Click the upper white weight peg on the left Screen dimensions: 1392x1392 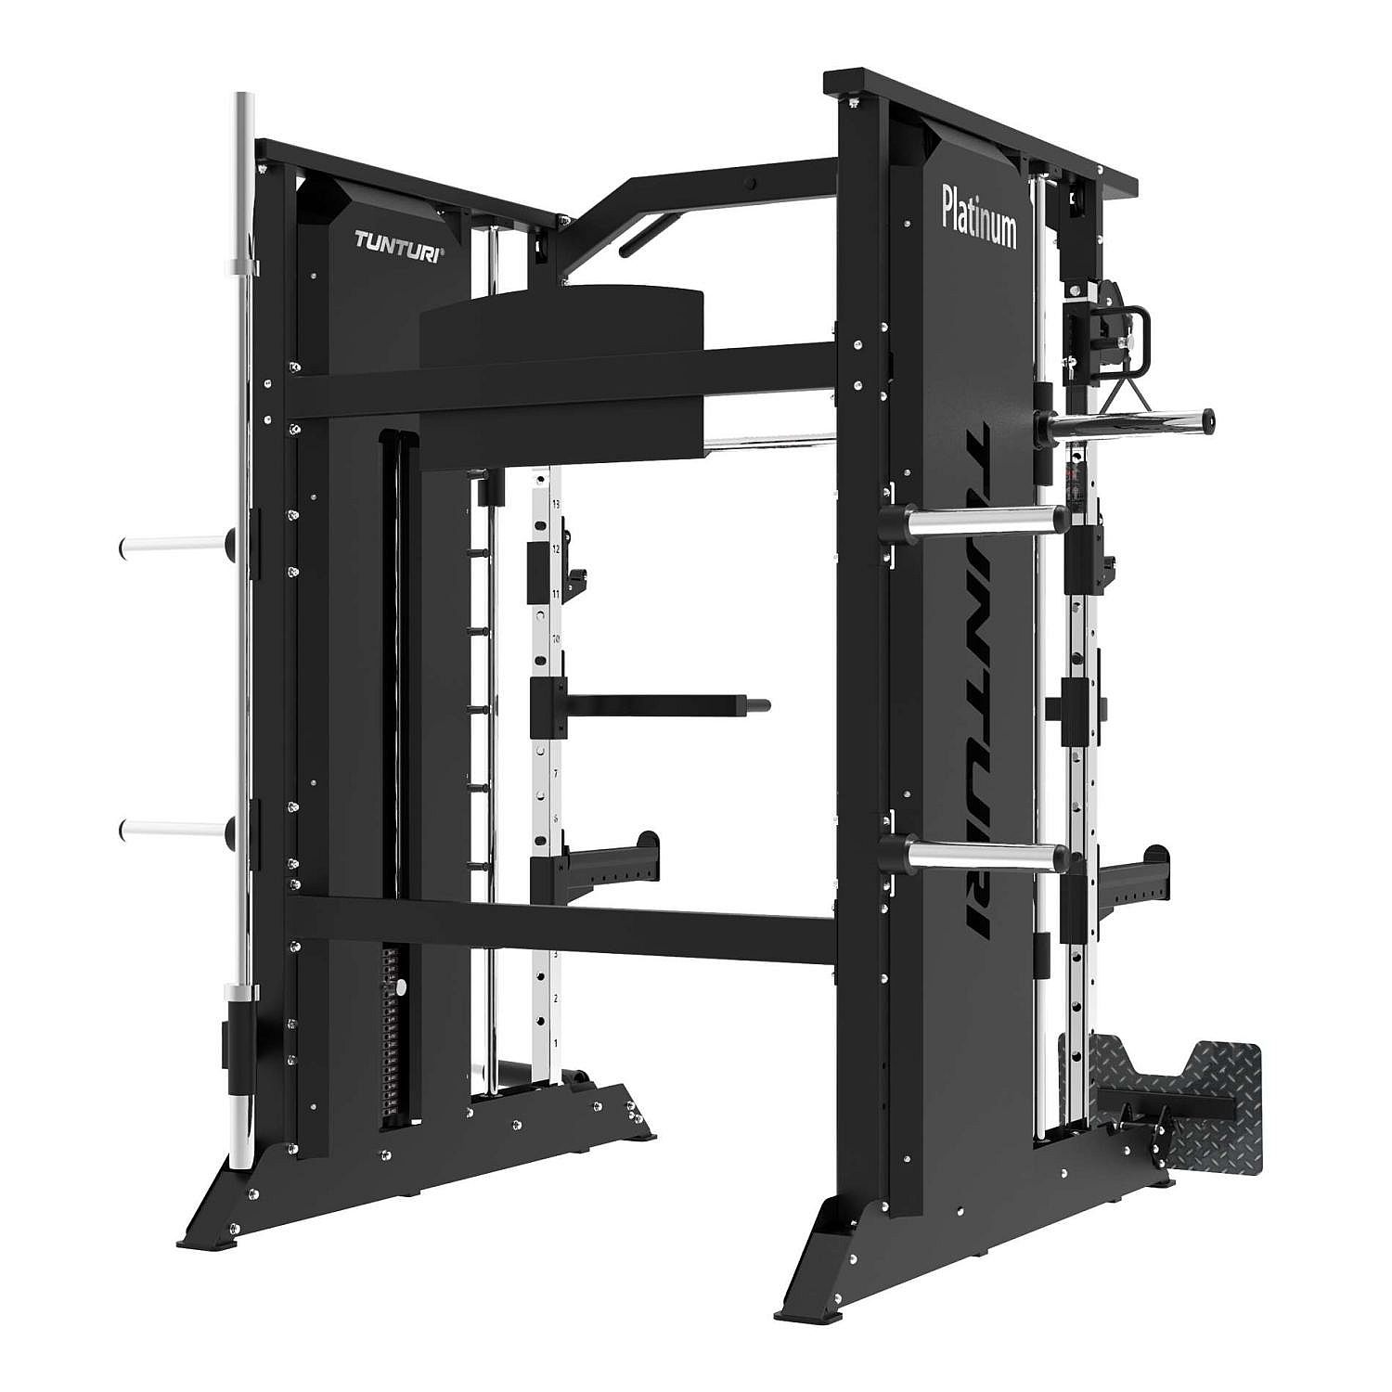(x=172, y=547)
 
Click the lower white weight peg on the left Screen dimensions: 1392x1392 (x=172, y=828)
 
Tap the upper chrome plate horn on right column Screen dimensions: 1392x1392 (x=984, y=520)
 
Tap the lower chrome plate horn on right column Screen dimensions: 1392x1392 (x=984, y=854)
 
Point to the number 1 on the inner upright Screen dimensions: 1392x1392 (x=555, y=1042)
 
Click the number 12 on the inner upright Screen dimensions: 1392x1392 (x=556, y=549)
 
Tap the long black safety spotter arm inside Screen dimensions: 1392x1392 (x=659, y=703)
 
